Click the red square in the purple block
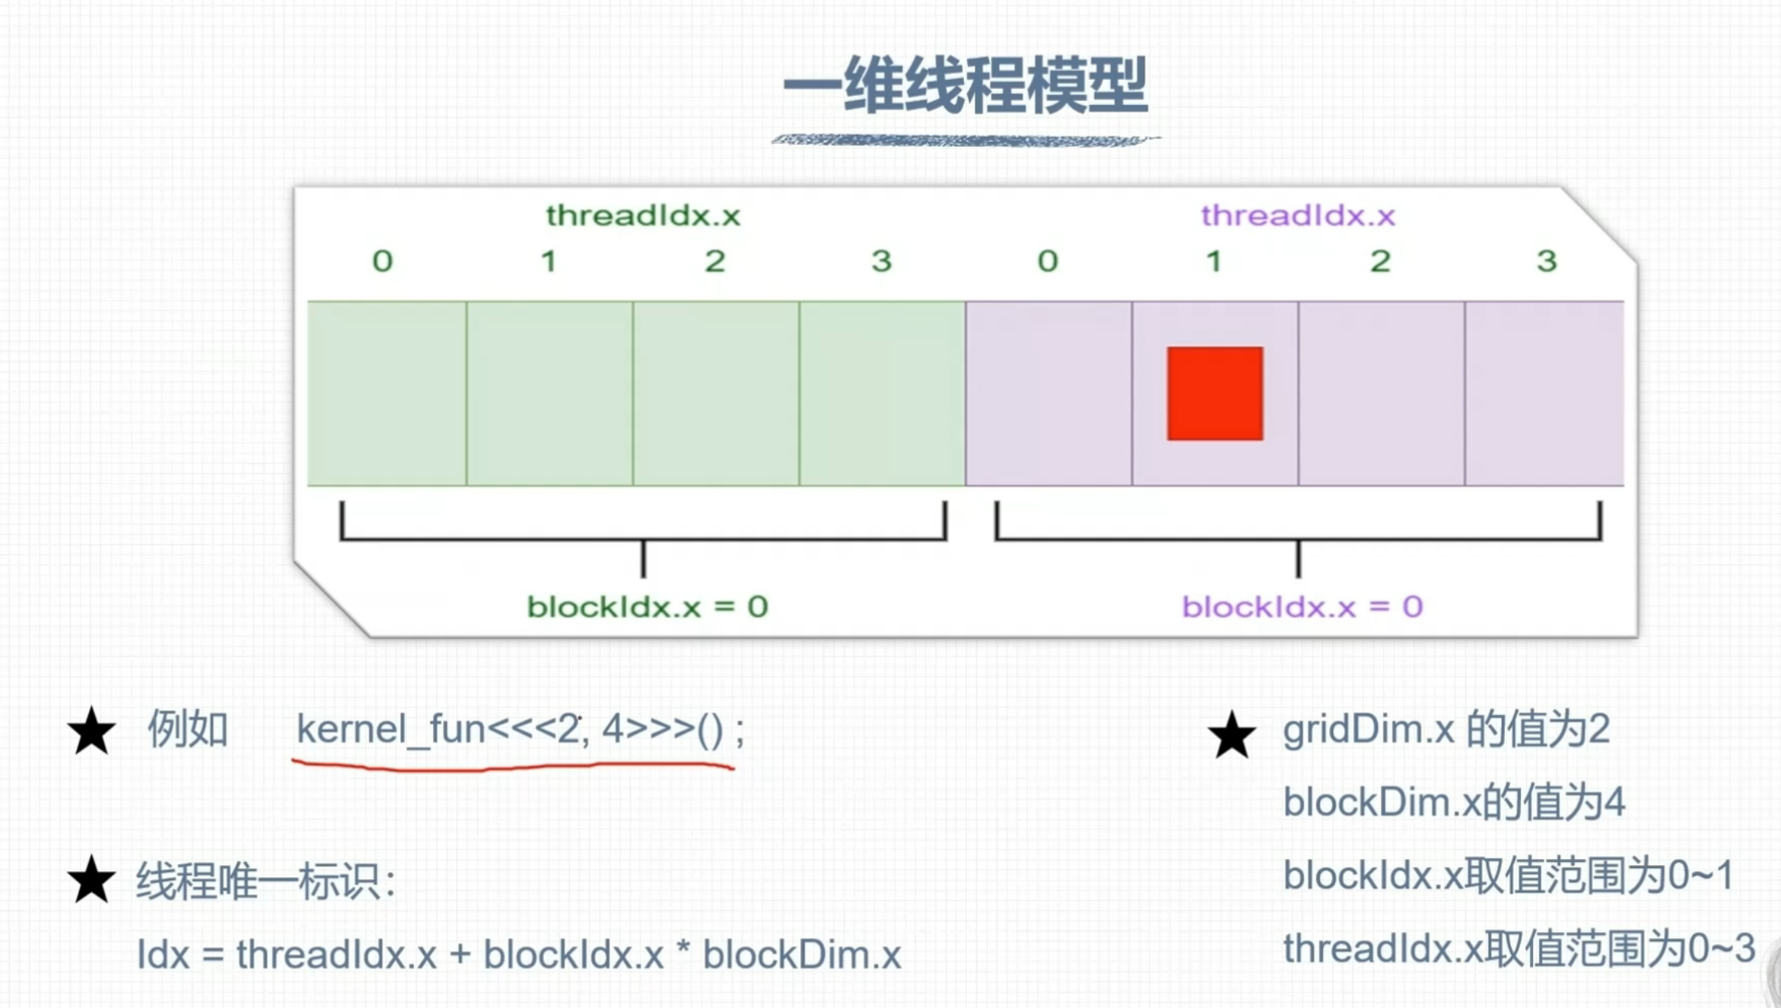tap(1215, 393)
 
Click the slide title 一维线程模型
tap(965, 85)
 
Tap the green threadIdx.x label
tap(643, 215)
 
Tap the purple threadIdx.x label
tap(1298, 215)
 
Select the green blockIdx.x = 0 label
tap(647, 606)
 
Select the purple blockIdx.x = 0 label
tap(1302, 606)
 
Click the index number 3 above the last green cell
tap(881, 261)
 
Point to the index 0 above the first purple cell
tap(1048, 261)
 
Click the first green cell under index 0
tap(386, 393)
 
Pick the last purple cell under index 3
tap(1544, 393)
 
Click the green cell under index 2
tap(716, 393)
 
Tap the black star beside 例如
tap(91, 731)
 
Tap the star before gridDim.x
tap(1231, 736)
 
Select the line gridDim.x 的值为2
tap(1445, 729)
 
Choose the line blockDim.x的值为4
tap(1453, 802)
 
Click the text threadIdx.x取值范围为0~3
tap(1519, 949)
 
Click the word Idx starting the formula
tap(163, 954)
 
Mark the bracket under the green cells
tap(643, 537)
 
